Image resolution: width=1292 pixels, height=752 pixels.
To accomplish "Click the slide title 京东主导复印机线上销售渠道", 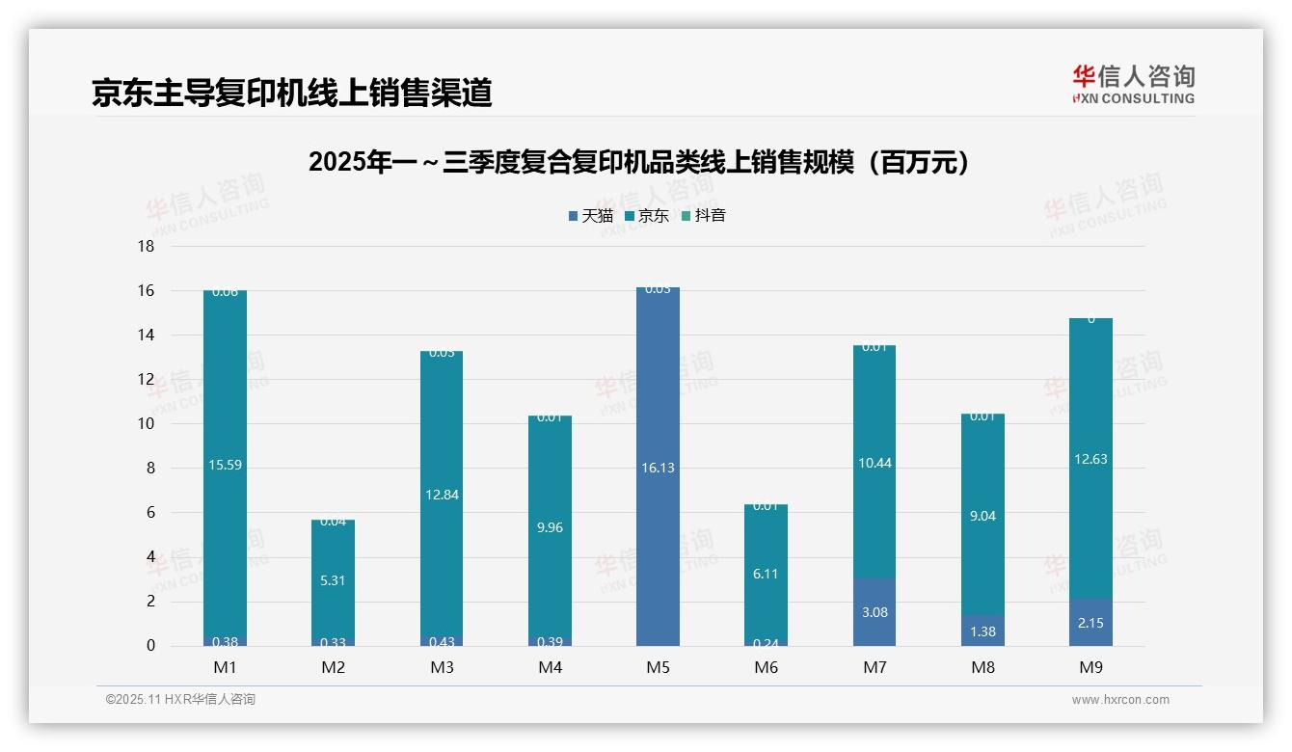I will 291,93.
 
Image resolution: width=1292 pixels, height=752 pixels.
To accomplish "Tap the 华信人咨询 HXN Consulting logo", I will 1133,84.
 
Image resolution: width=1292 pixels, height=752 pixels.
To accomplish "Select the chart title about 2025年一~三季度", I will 638,162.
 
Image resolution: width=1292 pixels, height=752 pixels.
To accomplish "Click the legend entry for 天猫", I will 590,216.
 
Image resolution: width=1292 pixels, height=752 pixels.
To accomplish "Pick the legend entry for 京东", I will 647,216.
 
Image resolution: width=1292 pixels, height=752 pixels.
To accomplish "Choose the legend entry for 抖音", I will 704,216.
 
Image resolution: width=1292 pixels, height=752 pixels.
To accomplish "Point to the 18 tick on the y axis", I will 146,246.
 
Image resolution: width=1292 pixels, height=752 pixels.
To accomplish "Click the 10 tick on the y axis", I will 146,424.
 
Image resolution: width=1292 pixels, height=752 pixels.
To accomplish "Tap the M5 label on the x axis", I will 658,667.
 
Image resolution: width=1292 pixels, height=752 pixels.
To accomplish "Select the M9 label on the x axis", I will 1090,667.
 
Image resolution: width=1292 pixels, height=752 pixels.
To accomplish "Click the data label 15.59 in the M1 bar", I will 225,465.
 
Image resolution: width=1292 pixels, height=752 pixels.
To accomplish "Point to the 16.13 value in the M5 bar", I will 658,468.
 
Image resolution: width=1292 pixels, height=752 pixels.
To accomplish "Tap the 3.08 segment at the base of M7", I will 874,612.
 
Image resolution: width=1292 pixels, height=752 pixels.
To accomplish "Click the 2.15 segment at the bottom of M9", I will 1090,623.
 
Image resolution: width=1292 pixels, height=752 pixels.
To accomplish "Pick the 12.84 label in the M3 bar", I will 441,495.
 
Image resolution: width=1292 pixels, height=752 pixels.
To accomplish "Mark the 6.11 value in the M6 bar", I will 766,574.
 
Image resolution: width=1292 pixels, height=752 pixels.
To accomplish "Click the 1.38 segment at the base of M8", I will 982,631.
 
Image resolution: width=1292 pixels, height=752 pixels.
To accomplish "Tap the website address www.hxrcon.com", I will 1120,700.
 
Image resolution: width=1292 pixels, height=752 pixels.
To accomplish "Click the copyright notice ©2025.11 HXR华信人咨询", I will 180,700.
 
